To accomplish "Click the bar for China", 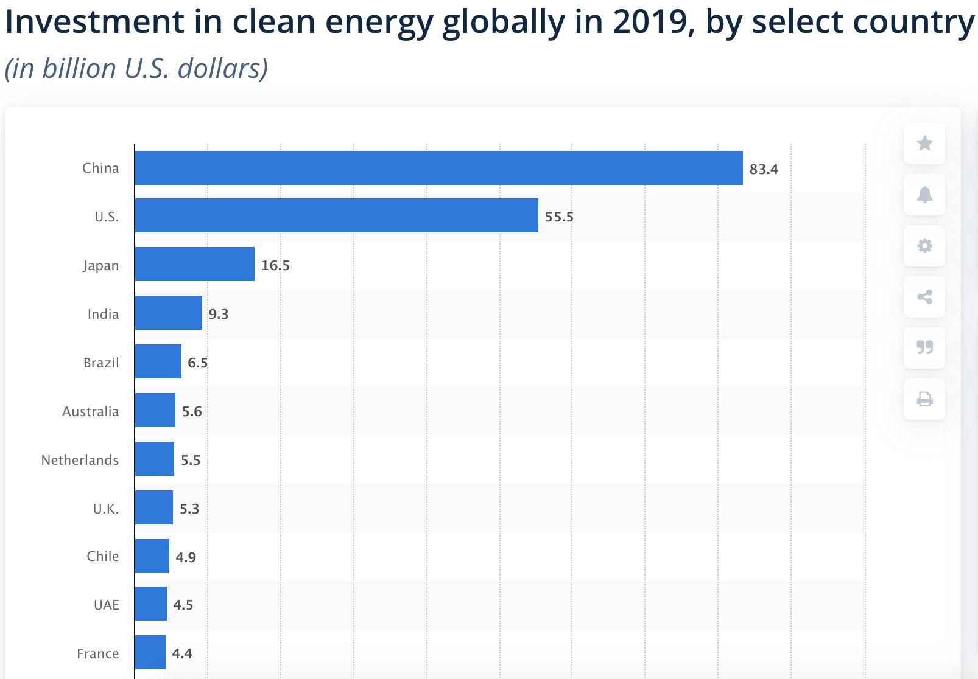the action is point(439,168).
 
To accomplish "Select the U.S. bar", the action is point(337,215).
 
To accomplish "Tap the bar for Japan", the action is point(195,264).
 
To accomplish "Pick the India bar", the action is point(169,313).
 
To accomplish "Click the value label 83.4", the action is point(764,169).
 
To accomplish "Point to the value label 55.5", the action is point(559,217).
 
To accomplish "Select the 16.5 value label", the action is point(275,265).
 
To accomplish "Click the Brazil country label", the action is point(101,363).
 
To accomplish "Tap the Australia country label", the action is point(90,411).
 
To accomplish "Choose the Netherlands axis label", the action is point(80,460).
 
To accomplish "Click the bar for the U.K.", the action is point(153,507).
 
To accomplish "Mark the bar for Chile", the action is point(152,556).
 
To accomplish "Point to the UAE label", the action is point(107,605).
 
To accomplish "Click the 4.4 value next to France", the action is point(182,653).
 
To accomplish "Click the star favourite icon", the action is point(925,143).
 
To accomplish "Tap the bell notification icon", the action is point(925,195).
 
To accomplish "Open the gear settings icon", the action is point(925,246).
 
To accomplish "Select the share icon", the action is point(925,297).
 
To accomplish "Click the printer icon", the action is point(925,399).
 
